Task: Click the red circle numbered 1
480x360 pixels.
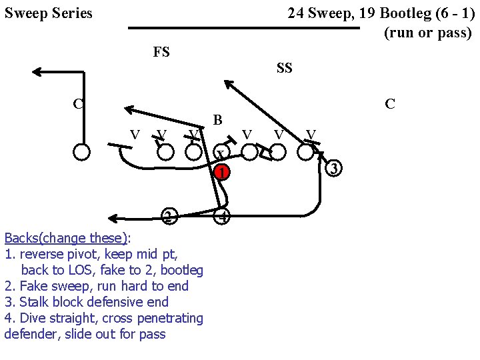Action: [x=223, y=172]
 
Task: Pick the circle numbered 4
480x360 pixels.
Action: [x=223, y=217]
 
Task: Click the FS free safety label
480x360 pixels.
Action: [x=161, y=52]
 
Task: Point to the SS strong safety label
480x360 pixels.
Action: [x=284, y=68]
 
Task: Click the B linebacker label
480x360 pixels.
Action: [x=217, y=121]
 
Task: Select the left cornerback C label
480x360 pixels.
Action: [x=78, y=103]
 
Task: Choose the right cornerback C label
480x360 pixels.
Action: [x=390, y=104]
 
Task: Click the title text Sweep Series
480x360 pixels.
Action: [x=49, y=13]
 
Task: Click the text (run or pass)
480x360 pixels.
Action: [x=427, y=33]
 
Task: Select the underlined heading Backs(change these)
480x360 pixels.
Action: [x=66, y=238]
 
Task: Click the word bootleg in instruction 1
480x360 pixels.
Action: [x=181, y=270]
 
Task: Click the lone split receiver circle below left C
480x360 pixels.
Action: [x=81, y=151]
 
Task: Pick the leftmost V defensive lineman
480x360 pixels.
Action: [x=134, y=135]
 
